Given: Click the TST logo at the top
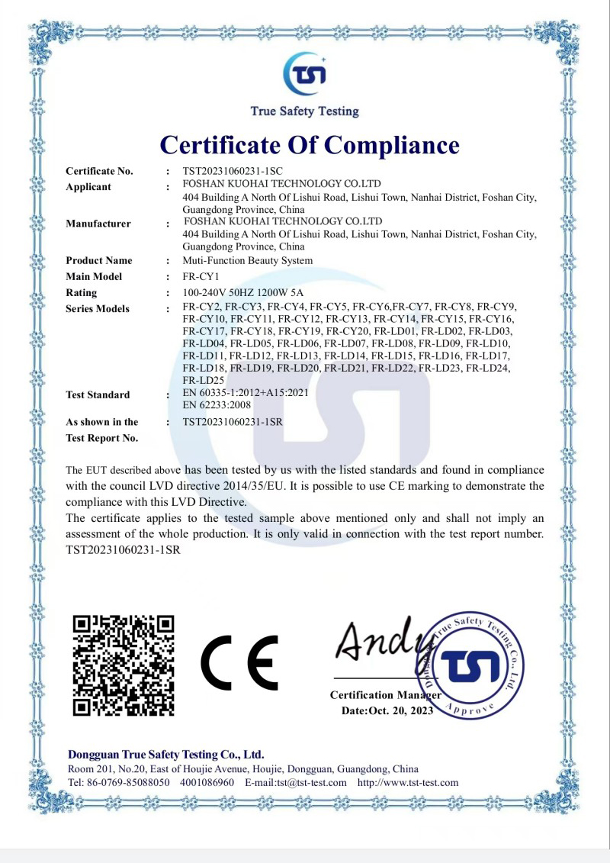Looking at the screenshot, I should [305, 74].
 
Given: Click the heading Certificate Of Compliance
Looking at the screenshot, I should [310, 144].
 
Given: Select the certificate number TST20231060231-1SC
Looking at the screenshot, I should [233, 171].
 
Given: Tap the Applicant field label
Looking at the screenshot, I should [88, 187].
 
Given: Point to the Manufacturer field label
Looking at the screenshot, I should [98, 224].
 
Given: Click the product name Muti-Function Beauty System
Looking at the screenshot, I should [248, 261].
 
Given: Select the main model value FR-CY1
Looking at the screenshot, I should [201, 277].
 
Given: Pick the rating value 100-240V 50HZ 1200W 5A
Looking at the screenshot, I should [243, 293].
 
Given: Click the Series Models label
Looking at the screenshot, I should [98, 309].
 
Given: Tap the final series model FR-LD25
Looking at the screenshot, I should [201, 379].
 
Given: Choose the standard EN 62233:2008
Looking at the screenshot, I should [217, 405].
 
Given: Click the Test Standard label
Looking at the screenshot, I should [98, 394].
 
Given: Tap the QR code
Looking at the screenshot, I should [123, 665].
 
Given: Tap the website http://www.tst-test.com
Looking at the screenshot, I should [408, 783].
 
